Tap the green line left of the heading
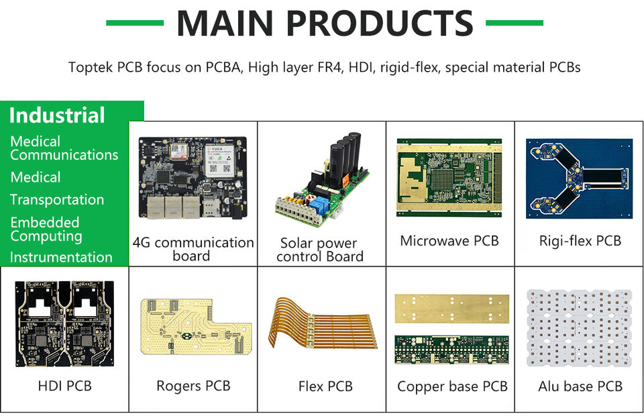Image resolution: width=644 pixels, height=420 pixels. pos(134,23)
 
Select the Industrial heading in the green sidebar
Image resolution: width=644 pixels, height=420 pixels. pos(57,115)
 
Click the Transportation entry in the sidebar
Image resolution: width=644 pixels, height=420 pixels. pos(57,200)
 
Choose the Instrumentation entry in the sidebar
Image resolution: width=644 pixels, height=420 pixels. pos(61,257)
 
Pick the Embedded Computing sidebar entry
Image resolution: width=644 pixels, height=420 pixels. pos(45,229)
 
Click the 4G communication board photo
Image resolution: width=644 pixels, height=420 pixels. pos(192,178)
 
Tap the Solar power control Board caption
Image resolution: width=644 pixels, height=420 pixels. pos(320,250)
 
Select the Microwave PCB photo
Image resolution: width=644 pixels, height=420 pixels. pos(449,177)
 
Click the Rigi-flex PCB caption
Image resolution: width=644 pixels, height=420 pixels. pos(580,240)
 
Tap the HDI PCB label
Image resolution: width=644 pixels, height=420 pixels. pos(64,386)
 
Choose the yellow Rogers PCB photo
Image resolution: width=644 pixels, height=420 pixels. pos(195,325)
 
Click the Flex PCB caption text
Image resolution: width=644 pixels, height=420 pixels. pos(325,386)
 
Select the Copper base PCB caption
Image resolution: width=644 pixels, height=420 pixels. pos(452,386)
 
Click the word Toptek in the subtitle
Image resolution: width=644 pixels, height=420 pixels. pos(91,67)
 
